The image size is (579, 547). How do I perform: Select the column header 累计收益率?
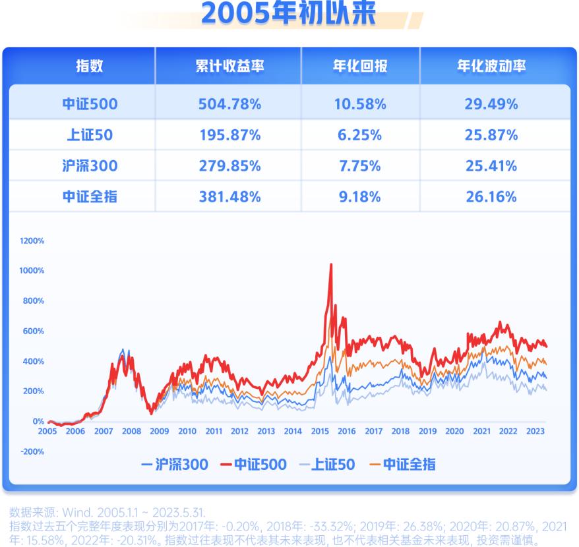pyautogui.click(x=229, y=66)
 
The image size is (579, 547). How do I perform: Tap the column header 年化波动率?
pyautogui.click(x=491, y=66)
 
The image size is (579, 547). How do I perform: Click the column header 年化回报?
pyautogui.click(x=359, y=66)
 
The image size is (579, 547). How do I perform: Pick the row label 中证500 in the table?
pyautogui.click(x=89, y=104)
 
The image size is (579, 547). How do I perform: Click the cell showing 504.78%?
pyautogui.click(x=229, y=104)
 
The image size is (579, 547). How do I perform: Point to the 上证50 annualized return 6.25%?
pyautogui.click(x=359, y=135)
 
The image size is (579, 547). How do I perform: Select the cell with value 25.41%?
pyautogui.click(x=491, y=166)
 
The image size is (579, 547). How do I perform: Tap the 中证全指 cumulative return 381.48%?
pyautogui.click(x=229, y=196)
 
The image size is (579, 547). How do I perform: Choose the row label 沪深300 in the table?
pyautogui.click(x=89, y=166)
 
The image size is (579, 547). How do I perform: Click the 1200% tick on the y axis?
pyautogui.click(x=32, y=241)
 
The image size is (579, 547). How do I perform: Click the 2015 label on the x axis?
pyautogui.click(x=320, y=432)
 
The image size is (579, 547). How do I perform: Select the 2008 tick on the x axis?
pyautogui.click(x=131, y=432)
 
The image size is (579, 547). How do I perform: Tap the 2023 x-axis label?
pyautogui.click(x=535, y=432)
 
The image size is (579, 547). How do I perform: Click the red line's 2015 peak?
pyautogui.click(x=330, y=265)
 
